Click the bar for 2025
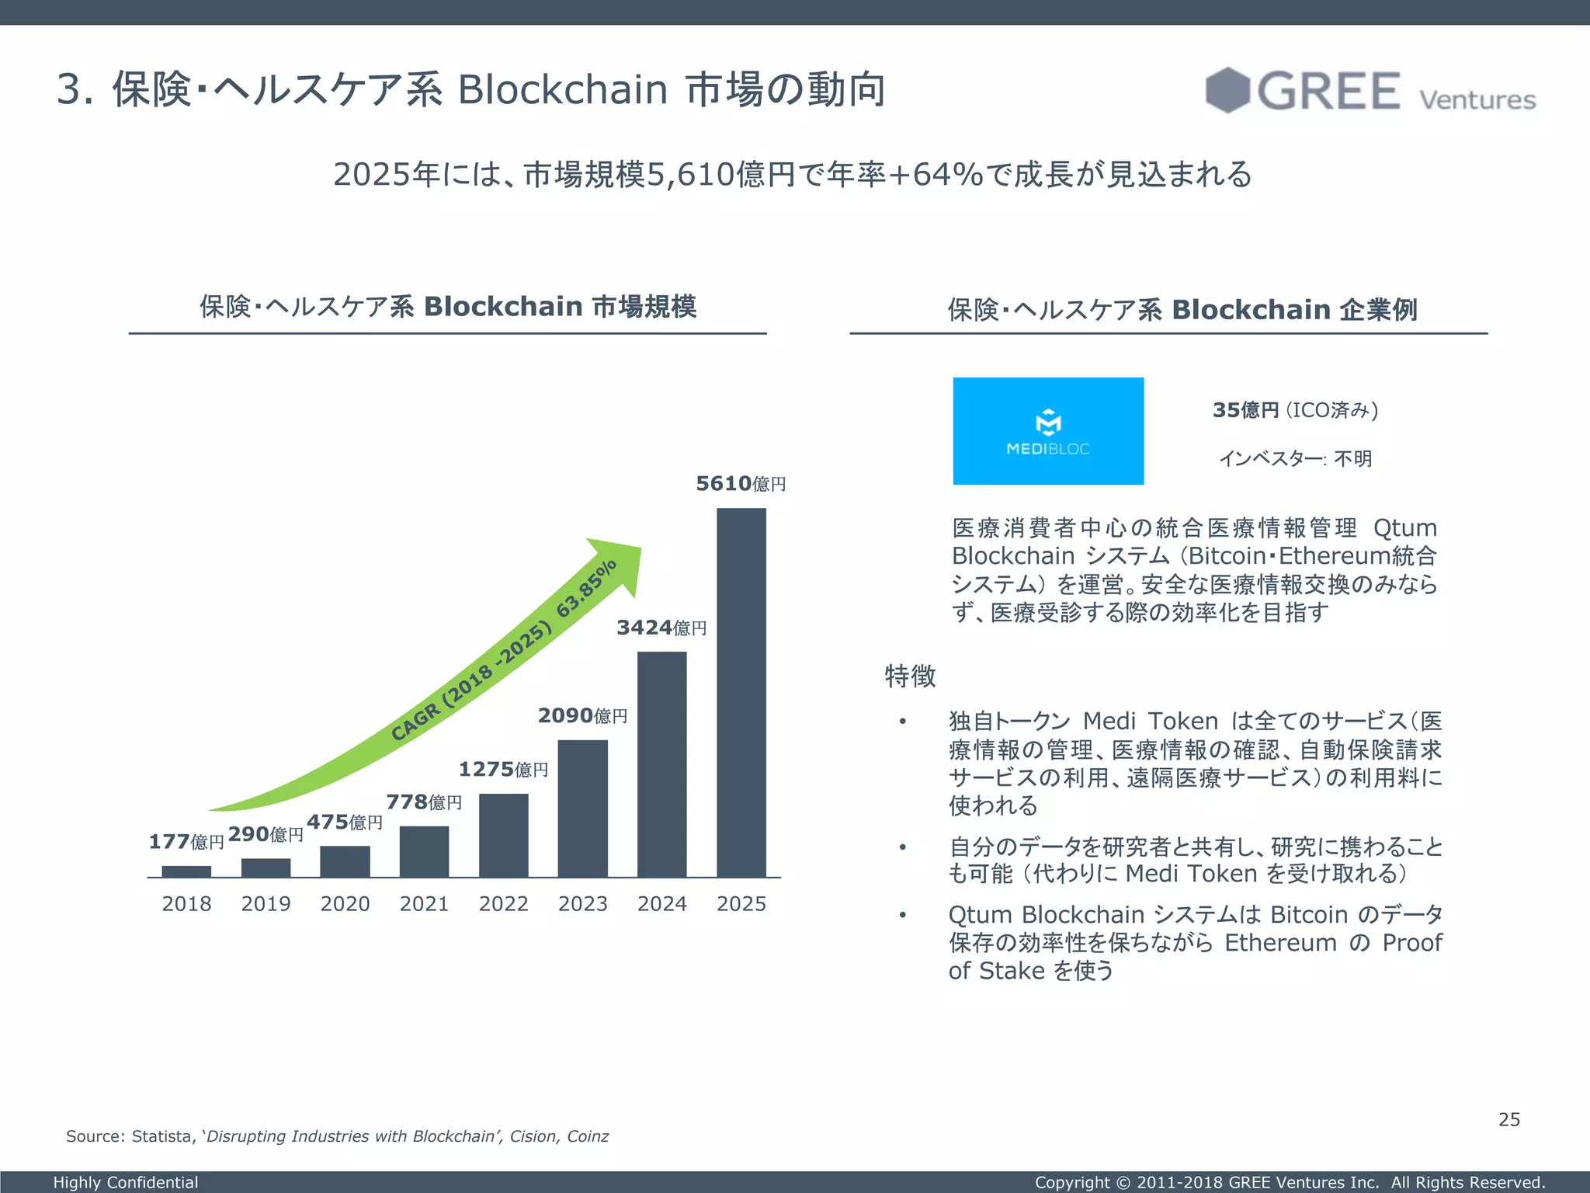741,692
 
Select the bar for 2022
503,835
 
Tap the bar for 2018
186,871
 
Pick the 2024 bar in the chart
661,764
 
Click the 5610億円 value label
740,484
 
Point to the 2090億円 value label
582,715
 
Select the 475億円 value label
345,822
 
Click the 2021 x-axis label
424,904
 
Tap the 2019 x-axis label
266,904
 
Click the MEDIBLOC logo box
1048,431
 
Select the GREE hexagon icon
1227,90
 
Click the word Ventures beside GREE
1477,100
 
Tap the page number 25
1508,1119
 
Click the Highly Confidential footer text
126,1182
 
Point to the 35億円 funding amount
1245,410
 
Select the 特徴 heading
910,676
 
